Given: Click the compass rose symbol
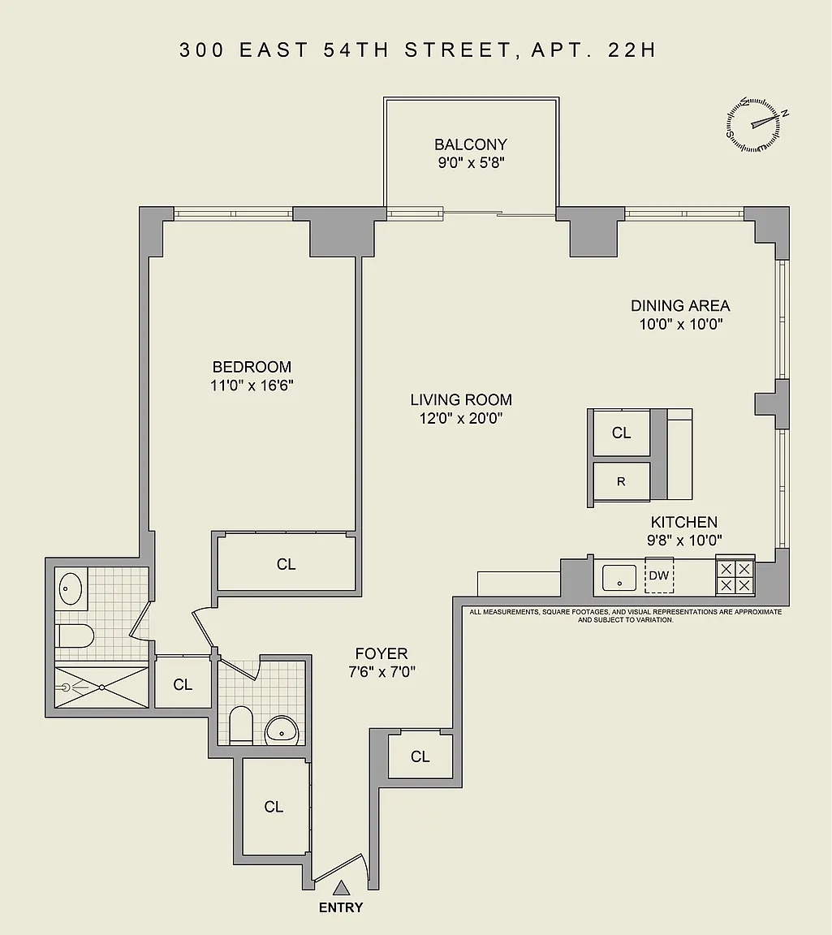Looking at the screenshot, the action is tap(753, 124).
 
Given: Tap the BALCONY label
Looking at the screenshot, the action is tap(471, 144).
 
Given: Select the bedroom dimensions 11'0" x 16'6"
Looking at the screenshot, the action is tap(252, 386).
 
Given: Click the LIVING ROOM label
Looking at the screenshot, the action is tap(461, 399).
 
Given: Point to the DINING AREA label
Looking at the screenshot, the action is tap(680, 306).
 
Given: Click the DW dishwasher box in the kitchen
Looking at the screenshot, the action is tap(659, 575).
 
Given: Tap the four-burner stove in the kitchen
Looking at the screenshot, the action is tap(735, 576).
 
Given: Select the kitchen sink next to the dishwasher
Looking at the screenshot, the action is tap(619, 578).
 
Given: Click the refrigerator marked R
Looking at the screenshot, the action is tap(622, 482).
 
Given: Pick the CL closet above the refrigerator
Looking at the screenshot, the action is tap(622, 433).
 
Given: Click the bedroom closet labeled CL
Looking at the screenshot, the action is tap(287, 564).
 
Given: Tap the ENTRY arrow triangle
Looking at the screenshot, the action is tap(341, 888).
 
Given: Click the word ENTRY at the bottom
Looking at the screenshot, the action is tap(341, 907).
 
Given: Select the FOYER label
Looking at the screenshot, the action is tap(382, 653).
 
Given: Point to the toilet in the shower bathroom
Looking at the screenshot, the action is tap(75, 636).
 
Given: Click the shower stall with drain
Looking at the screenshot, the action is tap(101, 687).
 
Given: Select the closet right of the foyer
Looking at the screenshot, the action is tap(420, 756).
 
